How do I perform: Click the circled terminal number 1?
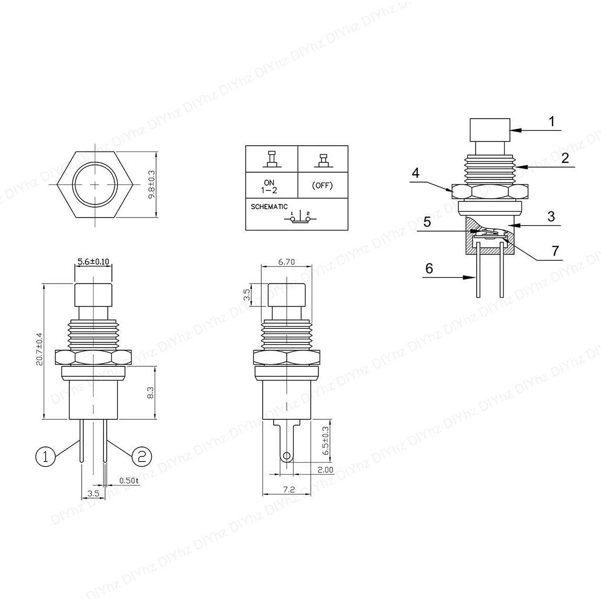[x=45, y=456]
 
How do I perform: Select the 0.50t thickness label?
[x=129, y=480]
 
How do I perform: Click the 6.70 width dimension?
[x=286, y=262]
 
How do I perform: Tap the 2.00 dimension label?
[x=325, y=469]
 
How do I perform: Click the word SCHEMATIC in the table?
[x=269, y=207]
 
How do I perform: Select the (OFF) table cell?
[x=323, y=185]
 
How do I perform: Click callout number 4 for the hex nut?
[x=415, y=173]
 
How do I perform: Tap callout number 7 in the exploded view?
[x=555, y=251]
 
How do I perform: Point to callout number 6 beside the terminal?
[x=429, y=268]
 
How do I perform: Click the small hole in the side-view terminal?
[x=286, y=457]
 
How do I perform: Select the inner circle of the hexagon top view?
[x=96, y=185]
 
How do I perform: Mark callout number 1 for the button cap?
[x=552, y=122]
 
